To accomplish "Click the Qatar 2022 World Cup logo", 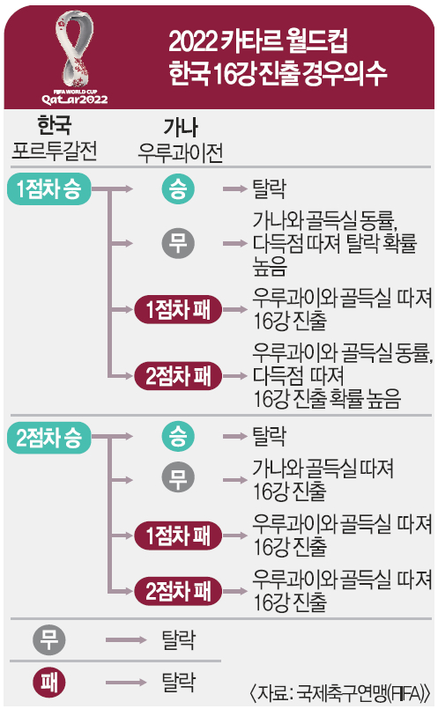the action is click(x=75, y=57).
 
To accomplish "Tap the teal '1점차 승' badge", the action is click(x=48, y=189).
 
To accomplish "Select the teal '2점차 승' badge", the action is click(x=48, y=437).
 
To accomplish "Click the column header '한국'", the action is click(x=55, y=125).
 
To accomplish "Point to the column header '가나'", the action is click(x=180, y=127).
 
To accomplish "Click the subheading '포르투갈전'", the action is click(x=55, y=151).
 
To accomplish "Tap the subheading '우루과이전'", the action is click(x=180, y=152).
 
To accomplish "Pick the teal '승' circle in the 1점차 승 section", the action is click(x=178, y=189).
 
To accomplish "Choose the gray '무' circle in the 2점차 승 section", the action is click(x=178, y=479).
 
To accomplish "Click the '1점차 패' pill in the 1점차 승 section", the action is click(x=178, y=310).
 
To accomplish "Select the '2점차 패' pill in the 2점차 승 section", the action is click(x=178, y=590).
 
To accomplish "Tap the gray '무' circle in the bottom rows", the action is click(x=49, y=639).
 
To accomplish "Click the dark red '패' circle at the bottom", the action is click(x=49, y=683).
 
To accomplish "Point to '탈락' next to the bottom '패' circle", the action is click(x=179, y=683).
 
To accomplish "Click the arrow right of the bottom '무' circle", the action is click(x=126, y=639).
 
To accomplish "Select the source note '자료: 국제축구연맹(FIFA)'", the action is click(x=339, y=693).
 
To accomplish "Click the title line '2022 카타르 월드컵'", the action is click(x=258, y=41).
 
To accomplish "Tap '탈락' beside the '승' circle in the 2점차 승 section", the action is click(x=269, y=436).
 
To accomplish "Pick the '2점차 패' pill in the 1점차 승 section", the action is click(x=178, y=376).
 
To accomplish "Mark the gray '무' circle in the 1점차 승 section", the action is click(x=178, y=243).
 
